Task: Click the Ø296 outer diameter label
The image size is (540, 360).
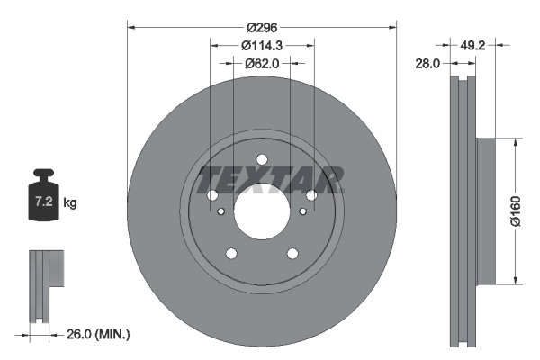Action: click(261, 28)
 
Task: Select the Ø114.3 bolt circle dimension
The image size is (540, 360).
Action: click(261, 45)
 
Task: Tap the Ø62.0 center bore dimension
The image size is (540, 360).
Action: click(261, 64)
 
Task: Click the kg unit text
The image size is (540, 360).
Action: click(70, 203)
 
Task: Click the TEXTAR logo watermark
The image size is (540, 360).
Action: click(271, 180)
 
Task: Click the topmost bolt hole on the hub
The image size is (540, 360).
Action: click(261, 161)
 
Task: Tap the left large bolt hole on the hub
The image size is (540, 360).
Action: click(212, 196)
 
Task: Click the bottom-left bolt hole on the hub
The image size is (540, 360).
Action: click(231, 253)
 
